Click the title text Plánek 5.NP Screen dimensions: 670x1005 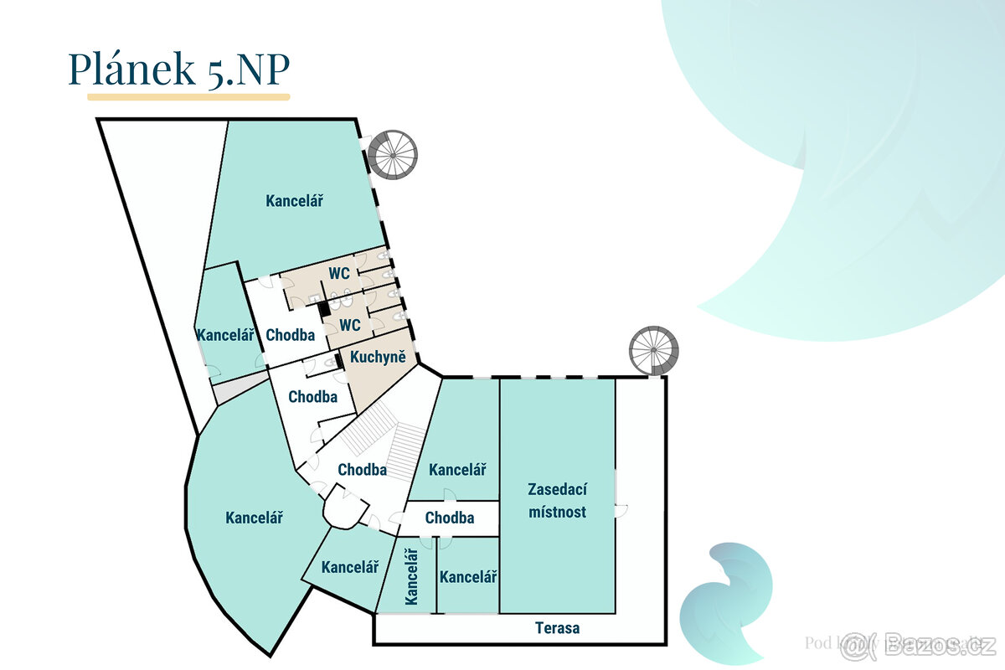click(x=178, y=70)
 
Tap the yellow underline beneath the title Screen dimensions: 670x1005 click(x=188, y=97)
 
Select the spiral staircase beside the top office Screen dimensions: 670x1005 click(x=392, y=154)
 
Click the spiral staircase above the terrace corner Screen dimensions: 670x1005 click(x=654, y=350)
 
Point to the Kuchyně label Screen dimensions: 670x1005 click(x=378, y=358)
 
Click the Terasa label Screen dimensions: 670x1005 click(x=557, y=627)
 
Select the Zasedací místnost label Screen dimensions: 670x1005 click(x=557, y=500)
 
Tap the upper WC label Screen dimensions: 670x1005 click(x=339, y=273)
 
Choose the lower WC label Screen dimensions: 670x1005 click(x=350, y=325)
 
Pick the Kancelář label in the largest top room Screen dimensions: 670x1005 click(x=295, y=201)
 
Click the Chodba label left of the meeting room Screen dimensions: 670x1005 click(x=449, y=518)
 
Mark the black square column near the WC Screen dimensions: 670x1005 click(x=324, y=308)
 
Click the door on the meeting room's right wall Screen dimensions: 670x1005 click(x=619, y=508)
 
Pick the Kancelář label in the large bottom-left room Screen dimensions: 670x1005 click(x=254, y=518)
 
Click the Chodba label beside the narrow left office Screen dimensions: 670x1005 click(x=290, y=335)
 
